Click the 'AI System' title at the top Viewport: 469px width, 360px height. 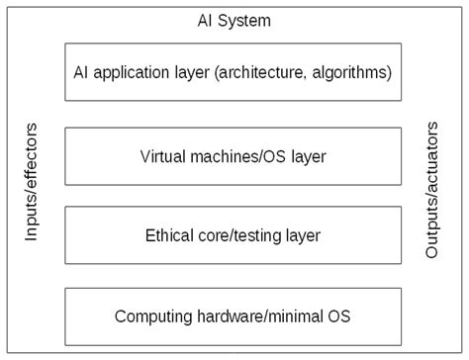coord(234,20)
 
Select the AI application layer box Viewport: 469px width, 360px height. coord(234,71)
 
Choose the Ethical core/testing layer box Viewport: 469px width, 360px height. coord(234,234)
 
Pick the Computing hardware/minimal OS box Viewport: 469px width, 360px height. coord(234,316)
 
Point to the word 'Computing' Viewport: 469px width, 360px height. coord(150,317)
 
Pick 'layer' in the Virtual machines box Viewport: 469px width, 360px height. coord(307,154)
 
